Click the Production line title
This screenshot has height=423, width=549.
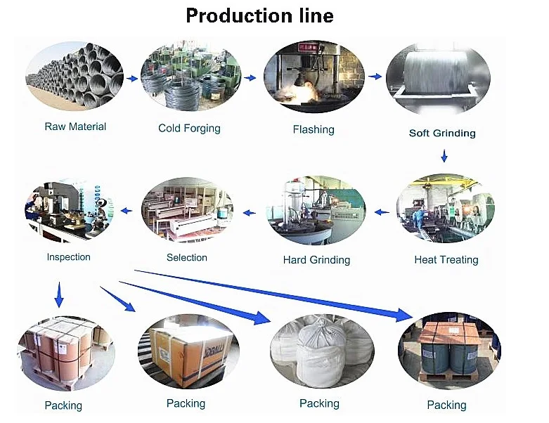pyautogui.click(x=259, y=15)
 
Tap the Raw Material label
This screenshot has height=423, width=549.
pyautogui.click(x=75, y=127)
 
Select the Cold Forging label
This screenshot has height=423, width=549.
pyautogui.click(x=189, y=129)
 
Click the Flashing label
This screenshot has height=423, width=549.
pyautogui.click(x=314, y=129)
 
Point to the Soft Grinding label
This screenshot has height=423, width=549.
pyautogui.click(x=442, y=133)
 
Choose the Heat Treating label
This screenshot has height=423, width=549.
pyautogui.click(x=446, y=260)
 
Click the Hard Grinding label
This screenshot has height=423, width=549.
pyautogui.click(x=316, y=260)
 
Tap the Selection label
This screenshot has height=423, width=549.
pyautogui.click(x=187, y=258)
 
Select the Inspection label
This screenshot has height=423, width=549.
pyautogui.click(x=69, y=257)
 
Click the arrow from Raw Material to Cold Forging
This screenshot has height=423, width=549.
pyautogui.click(x=132, y=79)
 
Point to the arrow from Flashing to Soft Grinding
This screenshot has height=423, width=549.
pyautogui.click(x=375, y=76)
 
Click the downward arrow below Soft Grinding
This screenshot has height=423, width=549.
pyautogui.click(x=444, y=155)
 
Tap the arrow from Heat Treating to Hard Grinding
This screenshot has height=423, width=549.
pyautogui.click(x=381, y=211)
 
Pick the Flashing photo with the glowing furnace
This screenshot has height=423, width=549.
pyautogui.click(x=313, y=76)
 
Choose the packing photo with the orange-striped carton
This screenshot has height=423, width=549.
pyautogui.click(x=188, y=350)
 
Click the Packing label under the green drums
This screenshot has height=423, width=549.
pyautogui.click(x=446, y=405)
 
